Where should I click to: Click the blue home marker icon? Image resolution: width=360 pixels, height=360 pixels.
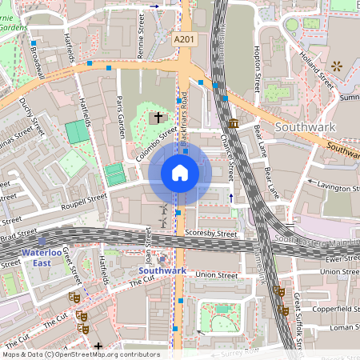coord(180,173)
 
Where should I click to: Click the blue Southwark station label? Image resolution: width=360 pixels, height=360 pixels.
coord(162,271)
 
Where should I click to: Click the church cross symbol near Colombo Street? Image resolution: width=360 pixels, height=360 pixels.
coord(158,118)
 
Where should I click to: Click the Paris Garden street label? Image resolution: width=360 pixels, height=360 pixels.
coord(121,116)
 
